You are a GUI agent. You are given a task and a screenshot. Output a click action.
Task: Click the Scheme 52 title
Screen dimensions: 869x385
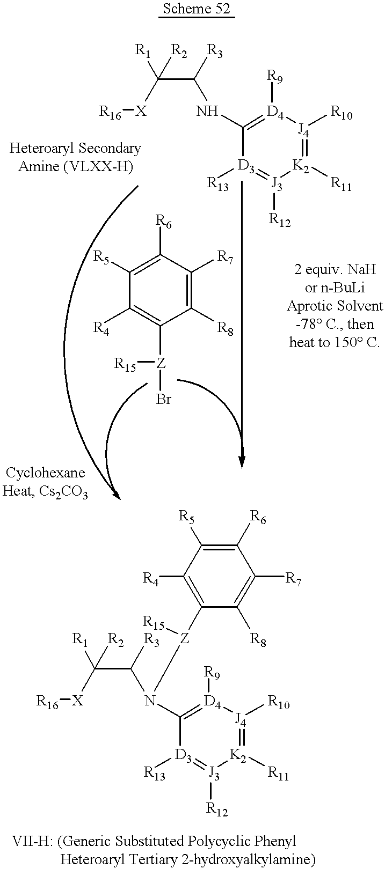tap(197, 10)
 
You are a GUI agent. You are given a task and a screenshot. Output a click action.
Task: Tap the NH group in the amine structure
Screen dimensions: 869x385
tap(207, 112)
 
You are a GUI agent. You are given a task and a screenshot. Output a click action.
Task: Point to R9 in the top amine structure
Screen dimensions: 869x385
tap(274, 79)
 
